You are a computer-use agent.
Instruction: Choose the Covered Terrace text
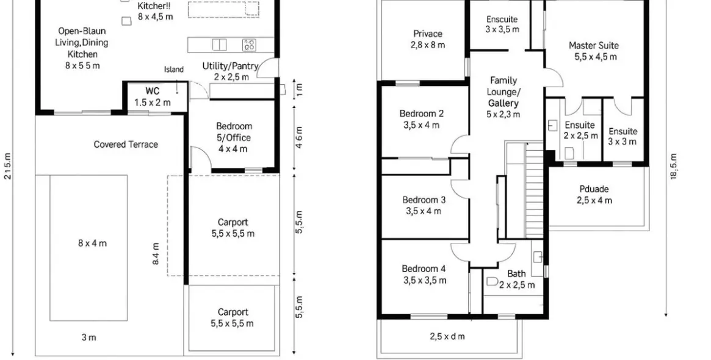[126, 145]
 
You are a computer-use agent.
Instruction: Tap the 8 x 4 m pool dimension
[92, 243]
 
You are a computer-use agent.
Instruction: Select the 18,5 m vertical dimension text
[673, 166]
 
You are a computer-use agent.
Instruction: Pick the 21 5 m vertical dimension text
[8, 166]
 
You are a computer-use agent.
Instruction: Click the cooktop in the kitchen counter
[249, 45]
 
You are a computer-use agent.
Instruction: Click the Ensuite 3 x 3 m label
[623, 136]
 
